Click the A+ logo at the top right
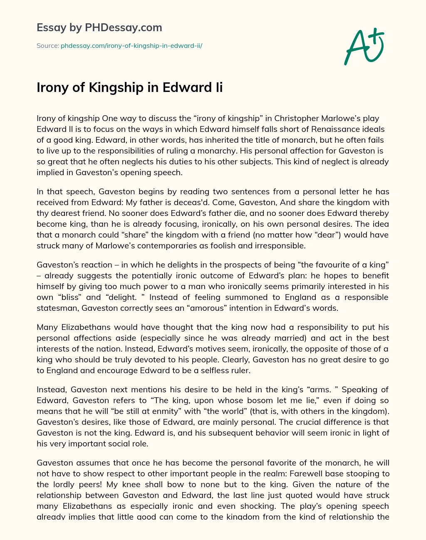pos(364,47)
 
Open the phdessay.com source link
pos(131,46)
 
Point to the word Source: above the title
pos(48,46)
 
